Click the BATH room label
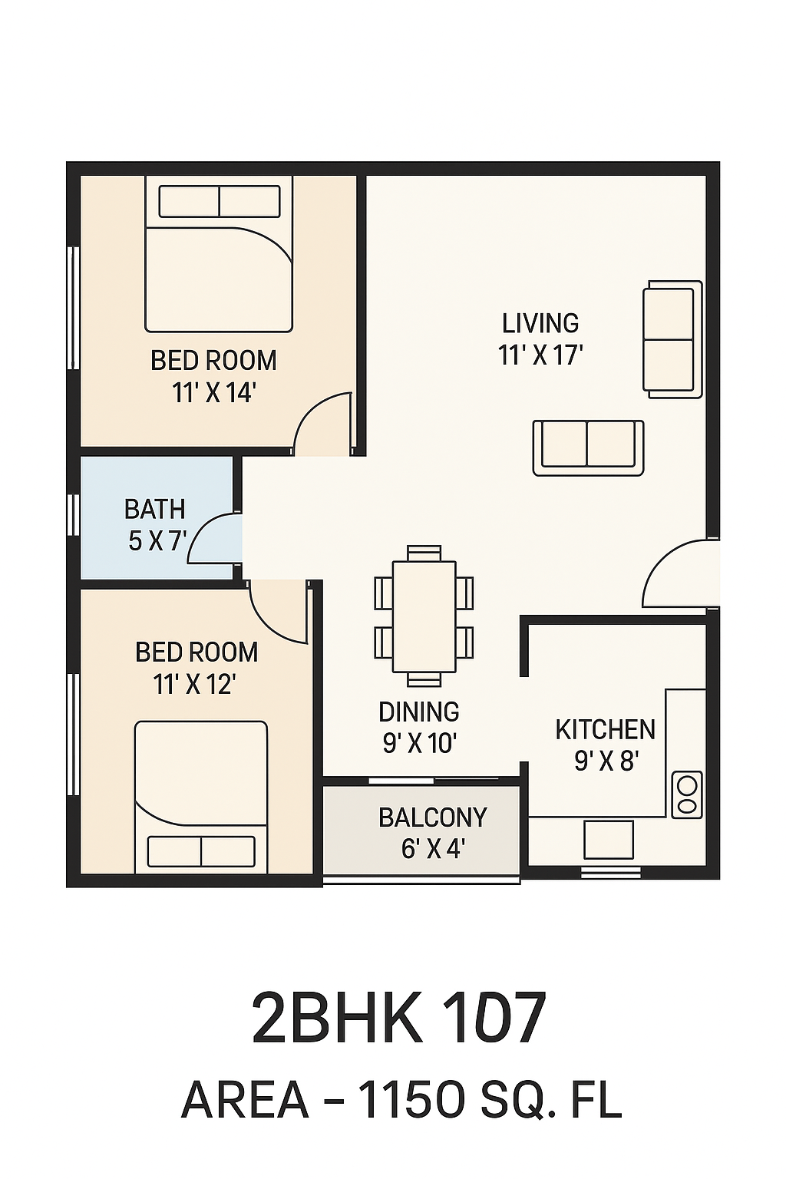[x=155, y=509]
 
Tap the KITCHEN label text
[x=606, y=729]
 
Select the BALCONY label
[x=433, y=817]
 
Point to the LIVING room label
[x=540, y=323]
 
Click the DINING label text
[x=419, y=712]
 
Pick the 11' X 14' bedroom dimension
[x=213, y=393]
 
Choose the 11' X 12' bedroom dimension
[x=193, y=685]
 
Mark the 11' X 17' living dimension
[x=540, y=356]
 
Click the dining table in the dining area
[x=424, y=616]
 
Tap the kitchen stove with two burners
[x=687, y=794]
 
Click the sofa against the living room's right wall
[x=672, y=339]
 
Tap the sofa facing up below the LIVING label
[x=588, y=448]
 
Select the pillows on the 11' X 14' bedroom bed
[x=219, y=201]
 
